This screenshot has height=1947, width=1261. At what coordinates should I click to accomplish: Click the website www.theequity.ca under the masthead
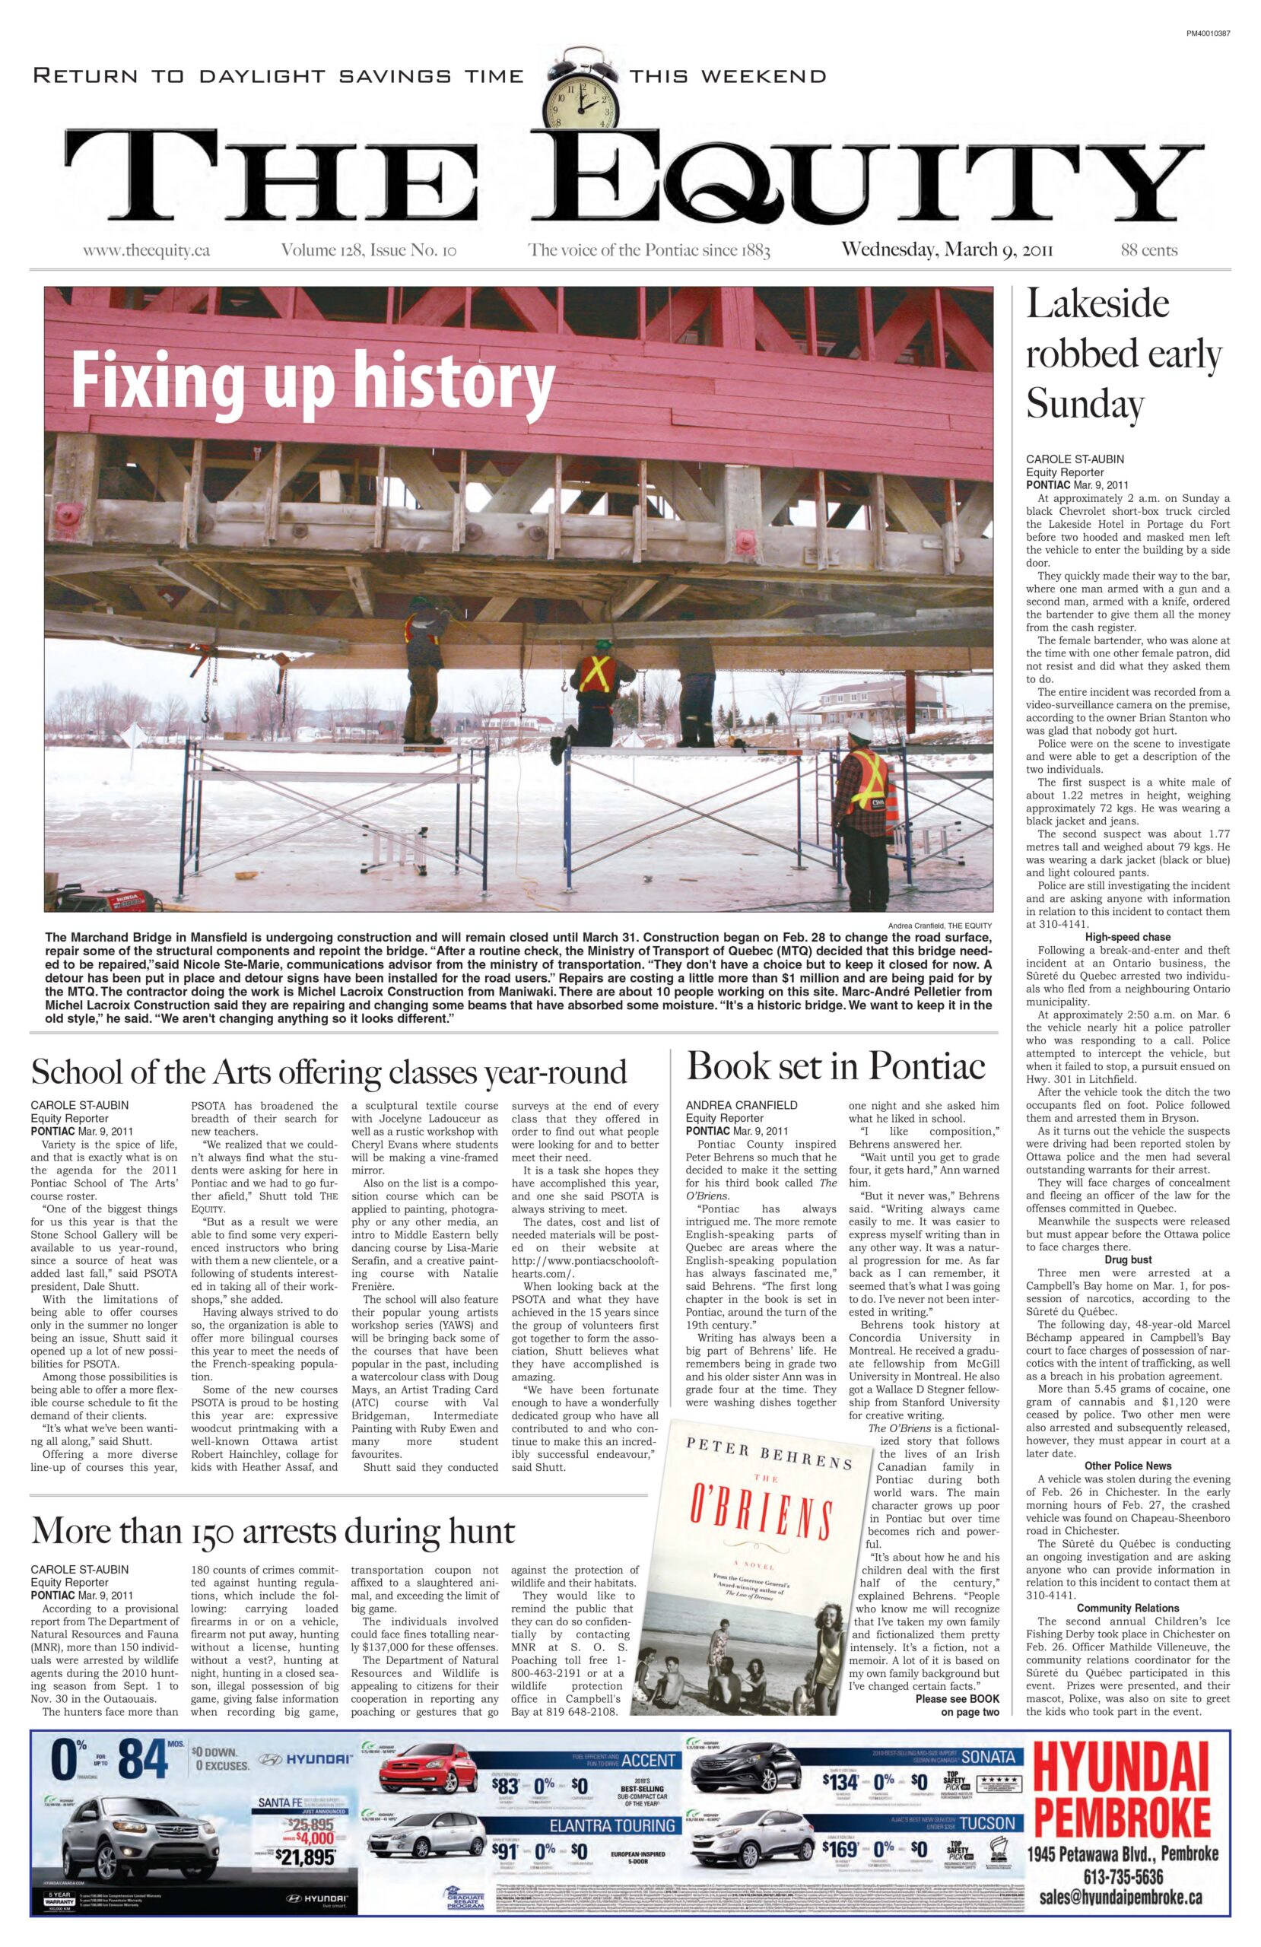click(x=147, y=250)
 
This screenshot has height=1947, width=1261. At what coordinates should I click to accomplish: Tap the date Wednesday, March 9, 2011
click(x=947, y=249)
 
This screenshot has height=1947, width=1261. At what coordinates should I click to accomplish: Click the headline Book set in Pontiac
click(x=836, y=1066)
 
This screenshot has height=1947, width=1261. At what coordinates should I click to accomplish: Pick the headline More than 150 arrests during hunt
click(x=272, y=1529)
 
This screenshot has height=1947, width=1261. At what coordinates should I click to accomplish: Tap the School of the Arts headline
click(x=329, y=1071)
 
